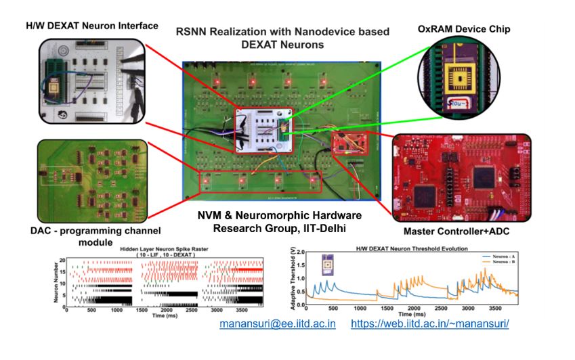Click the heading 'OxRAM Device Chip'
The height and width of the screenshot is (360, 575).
(464, 29)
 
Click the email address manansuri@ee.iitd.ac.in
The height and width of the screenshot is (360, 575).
(278, 323)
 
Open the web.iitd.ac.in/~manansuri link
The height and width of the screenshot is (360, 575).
(429, 323)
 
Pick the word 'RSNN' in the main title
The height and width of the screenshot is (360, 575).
(190, 31)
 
